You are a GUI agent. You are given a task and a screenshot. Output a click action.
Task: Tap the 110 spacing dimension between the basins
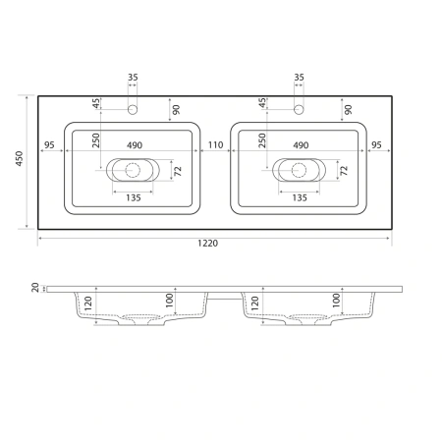[x=216, y=144]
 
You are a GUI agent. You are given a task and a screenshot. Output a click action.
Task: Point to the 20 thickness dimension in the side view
[x=34, y=287]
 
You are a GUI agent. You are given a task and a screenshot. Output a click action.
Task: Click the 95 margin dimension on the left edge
[x=50, y=144]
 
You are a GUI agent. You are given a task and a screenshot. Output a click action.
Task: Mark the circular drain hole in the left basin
[x=133, y=169]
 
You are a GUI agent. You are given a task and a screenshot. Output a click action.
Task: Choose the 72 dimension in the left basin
[x=177, y=170]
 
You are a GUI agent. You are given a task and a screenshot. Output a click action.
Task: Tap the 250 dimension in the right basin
[x=262, y=141]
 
